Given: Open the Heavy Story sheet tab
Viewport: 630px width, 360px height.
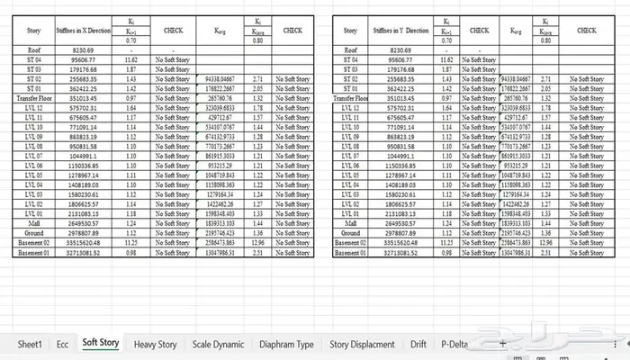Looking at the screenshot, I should tap(156, 343).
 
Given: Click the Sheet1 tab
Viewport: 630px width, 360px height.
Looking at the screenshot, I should tap(31, 343).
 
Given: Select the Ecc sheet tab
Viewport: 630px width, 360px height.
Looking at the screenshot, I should tap(62, 343).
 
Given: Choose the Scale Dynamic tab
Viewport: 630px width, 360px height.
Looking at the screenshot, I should tap(218, 343).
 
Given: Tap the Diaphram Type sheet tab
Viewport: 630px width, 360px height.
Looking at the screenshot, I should tap(286, 343).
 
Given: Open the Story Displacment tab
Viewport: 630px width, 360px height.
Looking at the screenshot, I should tap(362, 343).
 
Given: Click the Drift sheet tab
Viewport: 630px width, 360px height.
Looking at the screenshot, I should tap(418, 343).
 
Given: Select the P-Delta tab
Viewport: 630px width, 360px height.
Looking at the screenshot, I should tap(454, 343).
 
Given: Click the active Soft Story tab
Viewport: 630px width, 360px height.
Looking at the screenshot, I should tap(100, 343).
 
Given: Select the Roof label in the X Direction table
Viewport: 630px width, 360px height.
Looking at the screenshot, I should tap(34, 49).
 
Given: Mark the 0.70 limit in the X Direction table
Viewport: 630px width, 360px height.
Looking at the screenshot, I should tap(131, 40).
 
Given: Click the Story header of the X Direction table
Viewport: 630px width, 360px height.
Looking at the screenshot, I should tap(34, 31).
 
